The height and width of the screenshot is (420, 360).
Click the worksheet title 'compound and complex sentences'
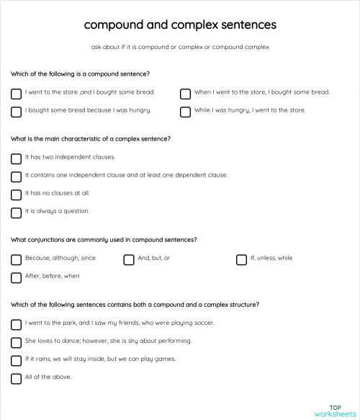[x=179, y=24]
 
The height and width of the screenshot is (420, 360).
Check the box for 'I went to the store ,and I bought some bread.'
[x=16, y=94]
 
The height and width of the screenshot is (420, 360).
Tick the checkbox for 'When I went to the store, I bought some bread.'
[x=185, y=94]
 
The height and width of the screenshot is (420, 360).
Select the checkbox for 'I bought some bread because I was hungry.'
[x=16, y=112]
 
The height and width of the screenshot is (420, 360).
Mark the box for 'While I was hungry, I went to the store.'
[x=185, y=112]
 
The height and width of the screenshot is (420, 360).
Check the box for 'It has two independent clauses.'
[x=16, y=158]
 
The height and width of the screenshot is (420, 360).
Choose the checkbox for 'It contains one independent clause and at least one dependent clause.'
[x=16, y=176]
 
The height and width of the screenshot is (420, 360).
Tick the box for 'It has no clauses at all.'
[x=16, y=195]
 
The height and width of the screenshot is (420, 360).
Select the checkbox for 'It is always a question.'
[x=16, y=213]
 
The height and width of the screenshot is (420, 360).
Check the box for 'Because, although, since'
[x=16, y=259]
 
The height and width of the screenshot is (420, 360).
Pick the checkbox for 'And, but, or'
[x=128, y=259]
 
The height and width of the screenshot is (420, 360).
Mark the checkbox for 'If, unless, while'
[x=241, y=259]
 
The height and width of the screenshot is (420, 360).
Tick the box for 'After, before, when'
[x=16, y=277]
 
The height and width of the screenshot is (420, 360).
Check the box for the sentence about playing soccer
[x=16, y=323]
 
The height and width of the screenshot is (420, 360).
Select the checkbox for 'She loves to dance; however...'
[x=16, y=341]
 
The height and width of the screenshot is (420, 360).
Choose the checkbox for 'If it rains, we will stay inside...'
[x=16, y=360]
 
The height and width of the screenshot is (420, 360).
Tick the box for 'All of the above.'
[x=16, y=378]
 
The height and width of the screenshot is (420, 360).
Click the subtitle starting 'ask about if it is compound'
[x=180, y=48]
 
